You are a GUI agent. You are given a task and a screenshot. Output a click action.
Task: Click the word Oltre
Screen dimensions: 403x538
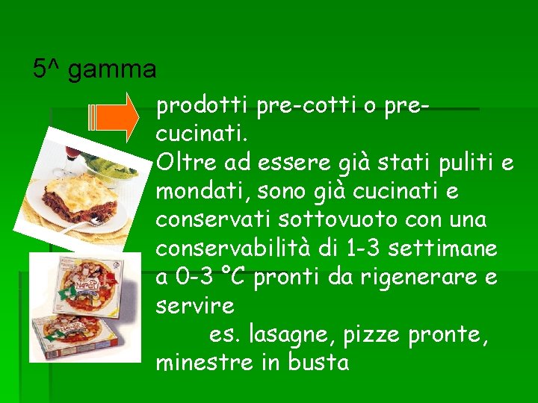point(182,163)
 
